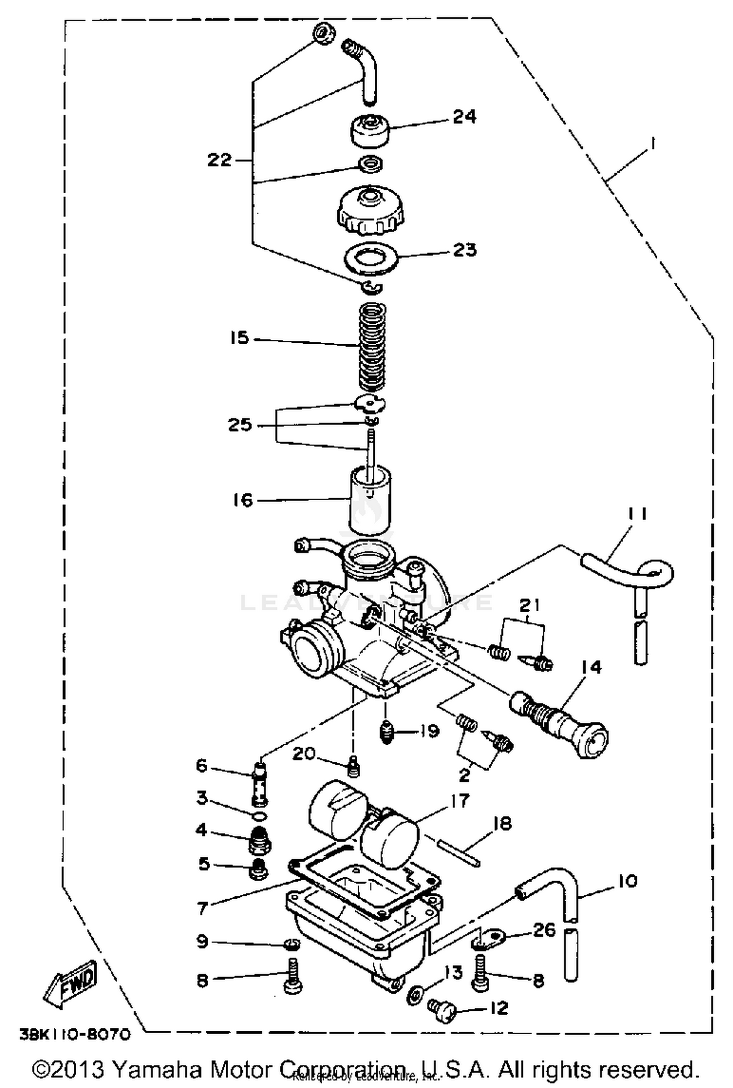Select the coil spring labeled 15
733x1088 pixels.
(372, 345)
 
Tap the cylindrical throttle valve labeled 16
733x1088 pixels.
(369, 501)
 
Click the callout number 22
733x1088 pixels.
(219, 159)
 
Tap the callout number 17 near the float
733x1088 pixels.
(458, 800)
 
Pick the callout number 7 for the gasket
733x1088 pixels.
(203, 908)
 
